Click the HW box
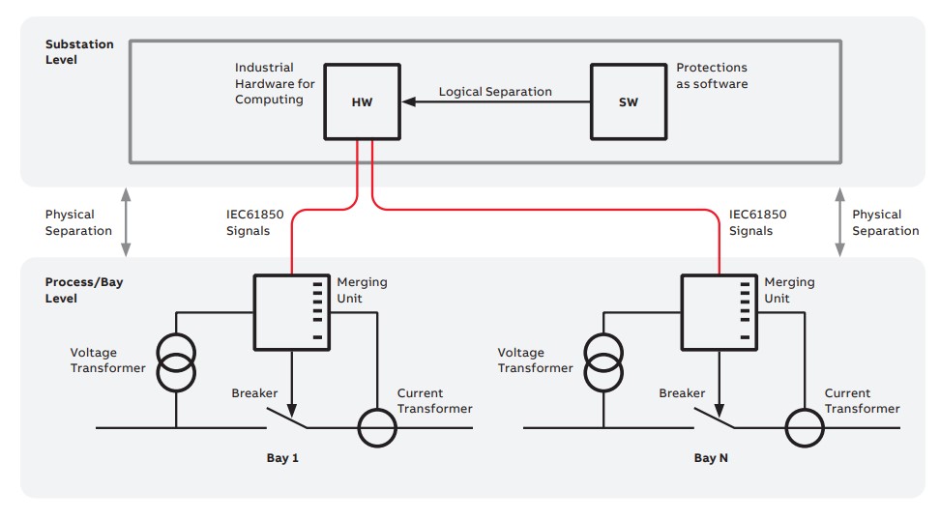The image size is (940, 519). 361,101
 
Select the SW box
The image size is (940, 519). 628,101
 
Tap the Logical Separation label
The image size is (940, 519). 495,92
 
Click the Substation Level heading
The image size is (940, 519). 79,52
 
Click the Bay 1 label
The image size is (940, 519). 282,457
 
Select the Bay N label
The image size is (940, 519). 711,457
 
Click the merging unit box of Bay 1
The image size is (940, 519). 291,312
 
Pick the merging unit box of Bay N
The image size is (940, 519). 719,312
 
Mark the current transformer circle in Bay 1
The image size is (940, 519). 376,426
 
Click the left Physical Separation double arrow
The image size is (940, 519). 126,222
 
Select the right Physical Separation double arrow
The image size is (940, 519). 839,222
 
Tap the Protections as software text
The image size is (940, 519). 712,76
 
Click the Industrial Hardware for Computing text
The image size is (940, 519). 275,84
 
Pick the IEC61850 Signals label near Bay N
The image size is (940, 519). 757,222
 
